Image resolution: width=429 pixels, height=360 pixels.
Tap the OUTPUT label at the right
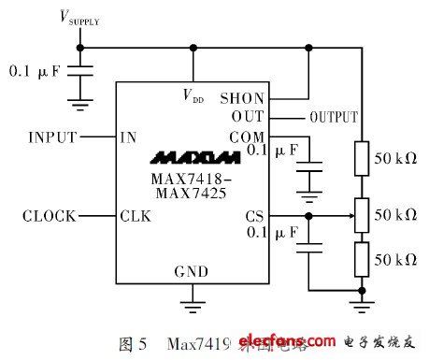333,117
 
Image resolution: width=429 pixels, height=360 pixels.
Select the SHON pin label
242,97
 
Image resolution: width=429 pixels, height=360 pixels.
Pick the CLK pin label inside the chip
136,216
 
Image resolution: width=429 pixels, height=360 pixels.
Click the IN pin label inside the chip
129,137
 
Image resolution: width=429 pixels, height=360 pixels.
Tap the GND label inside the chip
193,272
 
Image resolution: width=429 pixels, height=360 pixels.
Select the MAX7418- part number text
190,178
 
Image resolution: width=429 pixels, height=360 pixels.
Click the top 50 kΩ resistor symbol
359,157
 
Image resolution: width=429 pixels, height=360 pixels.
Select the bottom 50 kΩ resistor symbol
359,258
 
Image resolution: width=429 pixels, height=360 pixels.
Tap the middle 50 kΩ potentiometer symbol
359,215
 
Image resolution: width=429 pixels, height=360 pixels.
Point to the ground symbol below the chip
193,301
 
